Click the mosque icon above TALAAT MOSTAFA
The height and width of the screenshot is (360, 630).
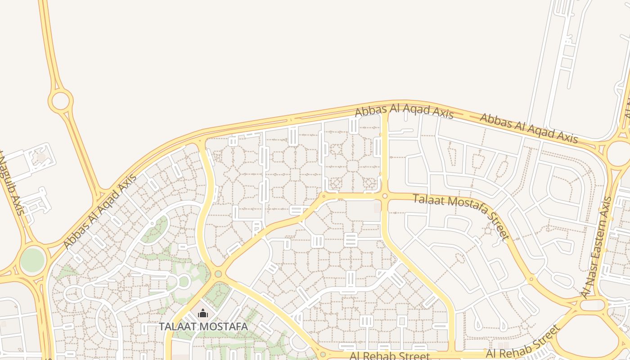pyautogui.click(x=203, y=313)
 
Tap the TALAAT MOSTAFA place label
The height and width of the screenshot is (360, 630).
pyautogui.click(x=203, y=326)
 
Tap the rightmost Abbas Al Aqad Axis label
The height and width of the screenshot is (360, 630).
pyautogui.click(x=529, y=128)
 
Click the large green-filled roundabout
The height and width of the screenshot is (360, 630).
pyautogui.click(x=32, y=260)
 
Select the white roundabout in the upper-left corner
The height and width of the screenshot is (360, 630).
pyautogui.click(x=60, y=101)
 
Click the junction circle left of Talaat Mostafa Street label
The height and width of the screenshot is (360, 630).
pyautogui.click(x=385, y=196)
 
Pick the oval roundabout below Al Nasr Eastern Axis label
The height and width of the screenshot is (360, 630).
pyautogui.click(x=591, y=305)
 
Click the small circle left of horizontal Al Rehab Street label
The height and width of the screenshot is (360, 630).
pyautogui.click(x=323, y=355)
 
